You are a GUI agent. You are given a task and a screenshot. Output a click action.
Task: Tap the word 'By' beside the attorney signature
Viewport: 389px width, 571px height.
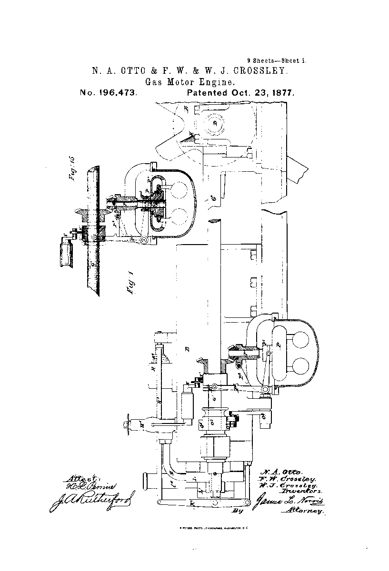click(x=237, y=512)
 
